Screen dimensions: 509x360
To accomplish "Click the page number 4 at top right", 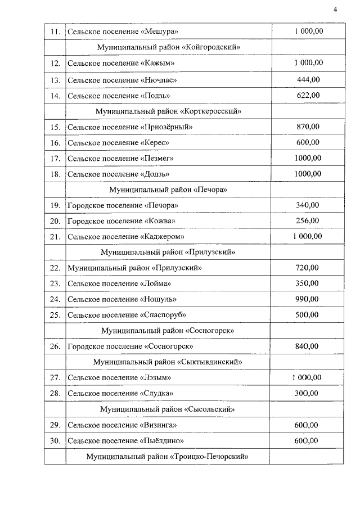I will pyautogui.click(x=335, y=10).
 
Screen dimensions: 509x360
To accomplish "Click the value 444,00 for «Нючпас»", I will pyautogui.click(x=308, y=79).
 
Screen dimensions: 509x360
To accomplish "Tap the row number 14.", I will pyautogui.click(x=55, y=96).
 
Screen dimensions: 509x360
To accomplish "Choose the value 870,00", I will pyautogui.click(x=308, y=127).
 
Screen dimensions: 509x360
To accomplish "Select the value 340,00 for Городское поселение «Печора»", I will pyautogui.click(x=308, y=205).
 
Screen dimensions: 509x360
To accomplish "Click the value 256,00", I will pyautogui.click(x=308, y=220).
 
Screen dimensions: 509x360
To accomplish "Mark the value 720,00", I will pyautogui.click(x=308, y=267).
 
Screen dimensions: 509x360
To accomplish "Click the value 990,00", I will pyautogui.click(x=308, y=299).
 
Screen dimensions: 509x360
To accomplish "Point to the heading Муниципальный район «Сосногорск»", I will pyautogui.click(x=168, y=330).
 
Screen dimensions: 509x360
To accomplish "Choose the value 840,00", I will pyautogui.click(x=308, y=345).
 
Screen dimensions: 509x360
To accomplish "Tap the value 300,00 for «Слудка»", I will pyautogui.click(x=308, y=393).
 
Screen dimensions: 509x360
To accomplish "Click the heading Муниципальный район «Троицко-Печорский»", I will pyautogui.click(x=168, y=456).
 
